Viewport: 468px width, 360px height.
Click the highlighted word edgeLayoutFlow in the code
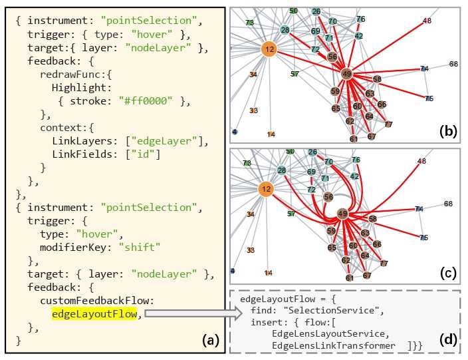pyautogui.click(x=94, y=313)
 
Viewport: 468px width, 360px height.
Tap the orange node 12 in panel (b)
pyautogui.click(x=269, y=49)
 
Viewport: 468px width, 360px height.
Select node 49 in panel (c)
pyautogui.click(x=342, y=214)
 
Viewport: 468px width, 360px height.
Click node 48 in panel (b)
pyautogui.click(x=427, y=21)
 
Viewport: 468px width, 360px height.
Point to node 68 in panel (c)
pyautogui.click(x=448, y=204)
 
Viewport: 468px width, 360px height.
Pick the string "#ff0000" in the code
pyautogui.click(x=146, y=101)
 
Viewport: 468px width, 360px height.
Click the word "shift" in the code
pyautogui.click(x=140, y=248)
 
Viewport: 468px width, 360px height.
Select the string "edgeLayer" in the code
pyautogui.click(x=164, y=141)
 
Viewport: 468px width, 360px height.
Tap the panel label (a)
pyautogui.click(x=211, y=340)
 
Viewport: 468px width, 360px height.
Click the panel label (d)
pyautogui.click(x=448, y=339)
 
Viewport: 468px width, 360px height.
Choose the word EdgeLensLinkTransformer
pyautogui.click(x=334, y=345)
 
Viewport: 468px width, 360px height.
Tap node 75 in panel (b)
pyautogui.click(x=429, y=98)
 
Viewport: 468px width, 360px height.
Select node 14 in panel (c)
pyautogui.click(x=269, y=273)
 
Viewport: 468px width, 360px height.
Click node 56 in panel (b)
pyautogui.click(x=332, y=57)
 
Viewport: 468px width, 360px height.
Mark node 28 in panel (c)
pyautogui.click(x=282, y=170)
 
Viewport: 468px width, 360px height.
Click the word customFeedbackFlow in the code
pyautogui.click(x=97, y=301)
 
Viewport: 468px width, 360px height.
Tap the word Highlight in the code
pyautogui.click(x=81, y=88)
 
